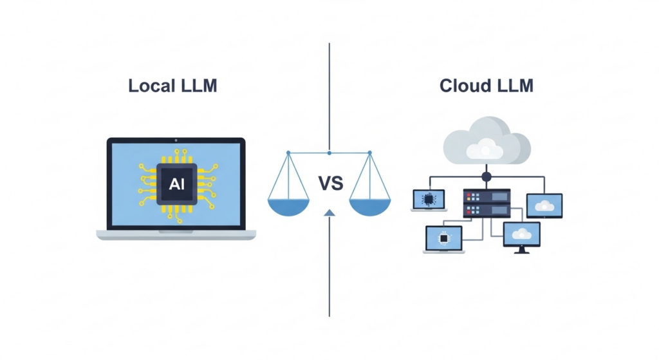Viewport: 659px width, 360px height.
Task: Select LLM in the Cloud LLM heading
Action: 515,85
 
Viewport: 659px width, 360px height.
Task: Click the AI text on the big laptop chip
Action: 176,184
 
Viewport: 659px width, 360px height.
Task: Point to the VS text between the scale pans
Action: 331,184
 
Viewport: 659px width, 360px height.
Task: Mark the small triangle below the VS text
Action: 329,212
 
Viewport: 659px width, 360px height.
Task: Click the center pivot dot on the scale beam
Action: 329,153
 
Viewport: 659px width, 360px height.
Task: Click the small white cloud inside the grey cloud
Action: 485,151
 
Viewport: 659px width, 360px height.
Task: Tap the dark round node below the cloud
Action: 487,176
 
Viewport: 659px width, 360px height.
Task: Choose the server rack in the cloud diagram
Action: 487,204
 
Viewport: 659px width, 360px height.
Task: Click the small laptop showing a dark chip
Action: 429,200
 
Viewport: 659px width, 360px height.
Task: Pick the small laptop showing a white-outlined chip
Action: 443,239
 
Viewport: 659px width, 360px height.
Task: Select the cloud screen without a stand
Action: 544,205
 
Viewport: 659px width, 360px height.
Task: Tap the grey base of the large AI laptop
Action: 176,235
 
